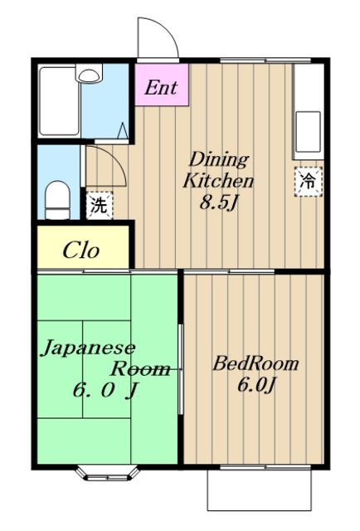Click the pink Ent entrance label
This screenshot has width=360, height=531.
coord(162,87)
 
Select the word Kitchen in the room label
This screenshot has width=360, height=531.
coord(219,180)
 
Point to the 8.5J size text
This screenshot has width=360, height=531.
coord(219,202)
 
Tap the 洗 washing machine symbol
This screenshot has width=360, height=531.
coord(98,205)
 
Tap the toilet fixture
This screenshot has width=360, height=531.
coord(57,197)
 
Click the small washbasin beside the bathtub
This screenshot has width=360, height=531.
coord(88,75)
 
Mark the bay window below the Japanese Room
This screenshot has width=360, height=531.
coord(107,475)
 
